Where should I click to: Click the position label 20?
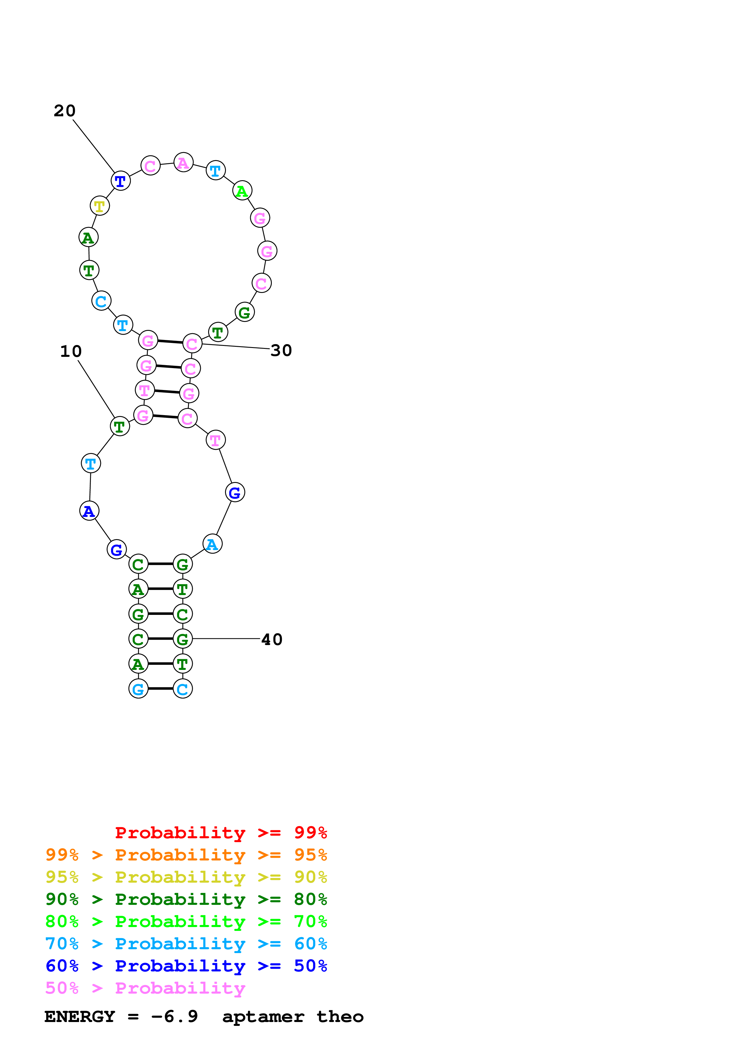click(x=65, y=111)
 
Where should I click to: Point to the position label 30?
click(x=281, y=350)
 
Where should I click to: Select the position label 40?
click(x=272, y=640)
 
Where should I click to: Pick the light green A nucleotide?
click(x=242, y=191)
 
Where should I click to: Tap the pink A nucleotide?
click(x=183, y=163)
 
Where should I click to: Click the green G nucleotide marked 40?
click(x=183, y=639)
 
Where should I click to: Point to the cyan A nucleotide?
click(x=212, y=544)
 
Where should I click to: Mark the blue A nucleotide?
click(x=89, y=511)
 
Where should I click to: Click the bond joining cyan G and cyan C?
click(x=160, y=689)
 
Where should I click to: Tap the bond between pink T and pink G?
click(x=167, y=391)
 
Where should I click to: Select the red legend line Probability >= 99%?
click(x=221, y=833)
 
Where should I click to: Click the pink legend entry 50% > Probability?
click(x=145, y=988)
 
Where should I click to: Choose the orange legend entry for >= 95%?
click(x=186, y=855)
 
